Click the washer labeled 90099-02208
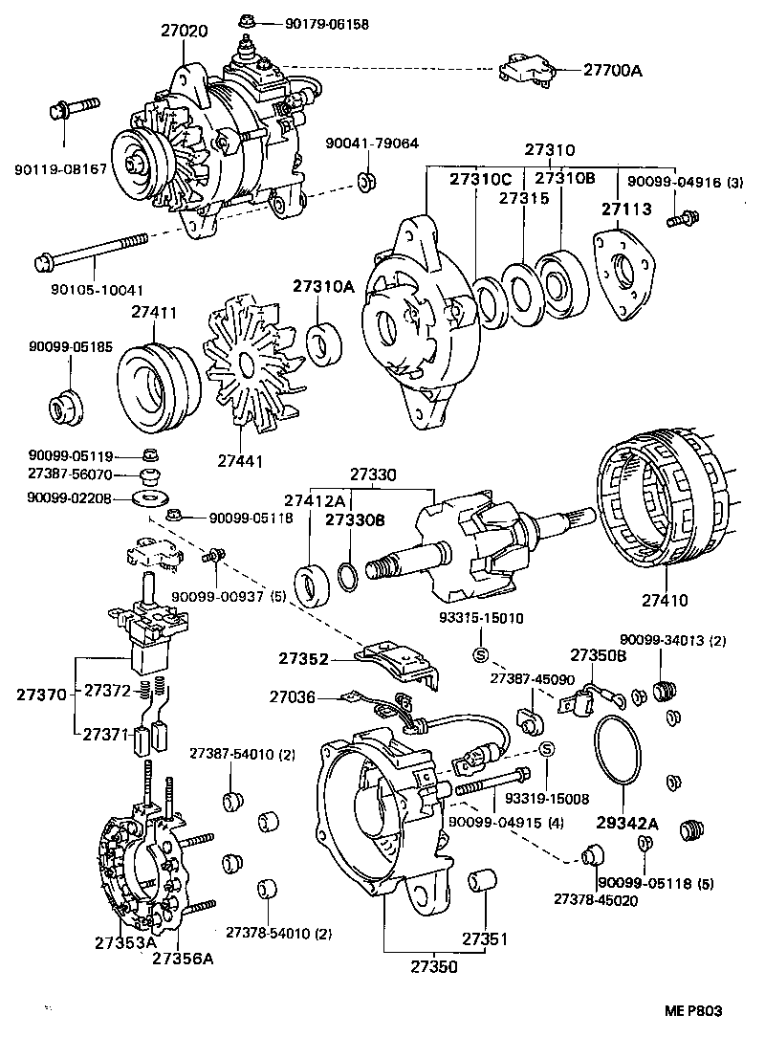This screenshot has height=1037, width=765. tap(151, 497)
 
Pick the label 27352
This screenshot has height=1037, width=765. tap(304, 658)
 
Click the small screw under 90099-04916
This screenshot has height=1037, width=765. tap(682, 221)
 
